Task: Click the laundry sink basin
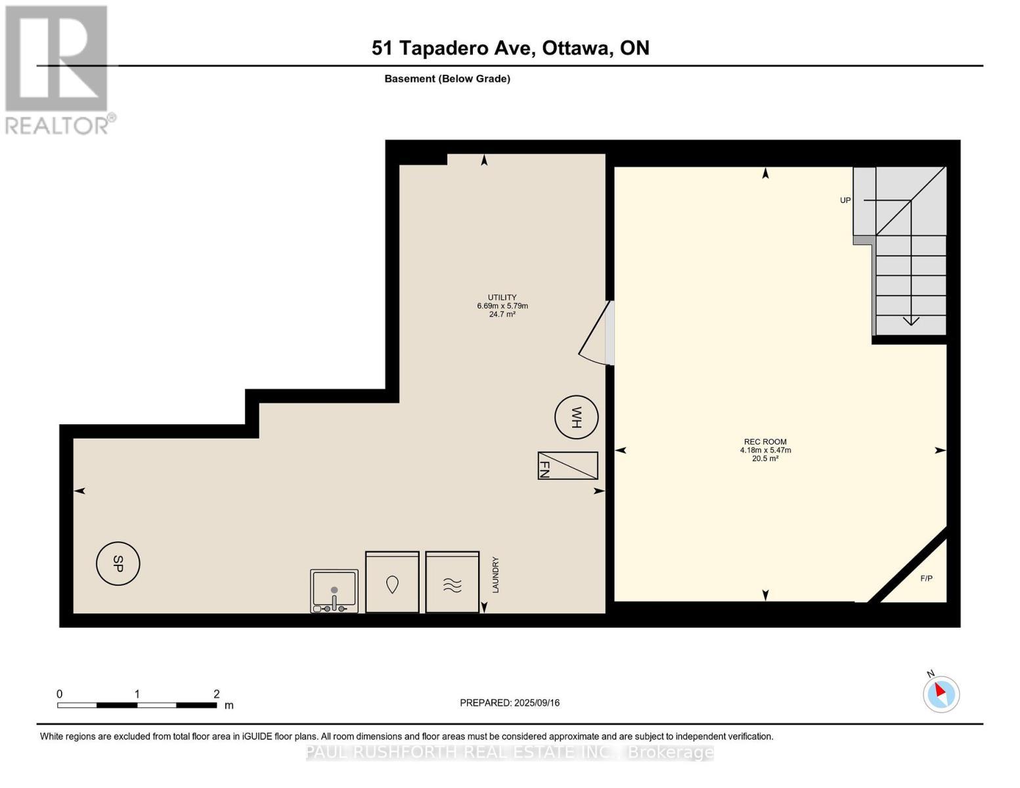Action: coord(334,591)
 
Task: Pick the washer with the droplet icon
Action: coord(392,582)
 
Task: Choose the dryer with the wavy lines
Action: coord(452,582)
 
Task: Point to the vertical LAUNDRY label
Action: coord(496,575)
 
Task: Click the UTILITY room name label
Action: coord(502,297)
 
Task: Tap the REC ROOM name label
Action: coord(765,442)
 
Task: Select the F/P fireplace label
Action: coord(926,579)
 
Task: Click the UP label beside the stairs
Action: coord(845,200)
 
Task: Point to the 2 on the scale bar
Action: coord(216,693)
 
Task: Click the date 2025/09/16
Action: coord(537,703)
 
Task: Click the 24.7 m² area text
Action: coord(502,314)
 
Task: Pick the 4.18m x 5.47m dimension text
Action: coord(765,450)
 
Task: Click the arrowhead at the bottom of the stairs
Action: coord(911,322)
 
